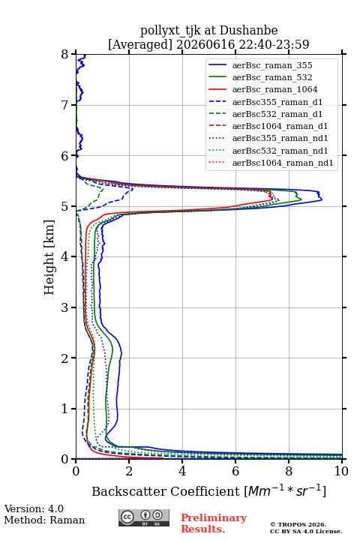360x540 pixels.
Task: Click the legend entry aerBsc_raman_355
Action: pos(272,65)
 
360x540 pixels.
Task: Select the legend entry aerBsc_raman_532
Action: pos(272,77)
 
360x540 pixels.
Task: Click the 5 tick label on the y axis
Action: pos(65,206)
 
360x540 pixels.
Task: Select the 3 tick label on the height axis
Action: pos(65,307)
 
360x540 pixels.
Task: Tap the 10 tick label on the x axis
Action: pos(341,471)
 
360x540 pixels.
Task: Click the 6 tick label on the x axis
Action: pos(235,471)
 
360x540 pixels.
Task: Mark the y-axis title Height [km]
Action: pos(49,257)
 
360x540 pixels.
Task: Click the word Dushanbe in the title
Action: pos(248,31)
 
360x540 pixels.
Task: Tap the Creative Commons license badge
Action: pos(144,517)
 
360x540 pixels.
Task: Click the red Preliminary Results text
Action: pos(214,523)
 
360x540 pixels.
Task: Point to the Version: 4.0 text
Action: pos(34,508)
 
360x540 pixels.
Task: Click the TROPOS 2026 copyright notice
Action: pos(298,524)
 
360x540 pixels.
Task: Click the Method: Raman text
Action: pos(44,520)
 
